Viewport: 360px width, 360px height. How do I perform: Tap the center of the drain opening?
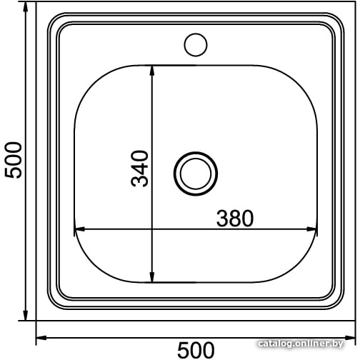[x=196, y=174]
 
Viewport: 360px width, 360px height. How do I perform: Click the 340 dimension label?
[x=140, y=169]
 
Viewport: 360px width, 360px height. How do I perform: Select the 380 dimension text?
[x=235, y=219]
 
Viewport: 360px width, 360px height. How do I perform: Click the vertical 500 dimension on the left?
[x=14, y=160]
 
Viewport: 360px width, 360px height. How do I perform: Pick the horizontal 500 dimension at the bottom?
[x=196, y=350]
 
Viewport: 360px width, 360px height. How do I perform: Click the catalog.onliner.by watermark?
[x=301, y=344]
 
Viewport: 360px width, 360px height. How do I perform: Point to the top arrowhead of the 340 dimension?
[x=152, y=71]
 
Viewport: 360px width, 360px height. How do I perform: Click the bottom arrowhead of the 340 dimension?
[x=152, y=277]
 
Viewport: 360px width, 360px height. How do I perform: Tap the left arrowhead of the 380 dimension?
[x=79, y=229]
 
